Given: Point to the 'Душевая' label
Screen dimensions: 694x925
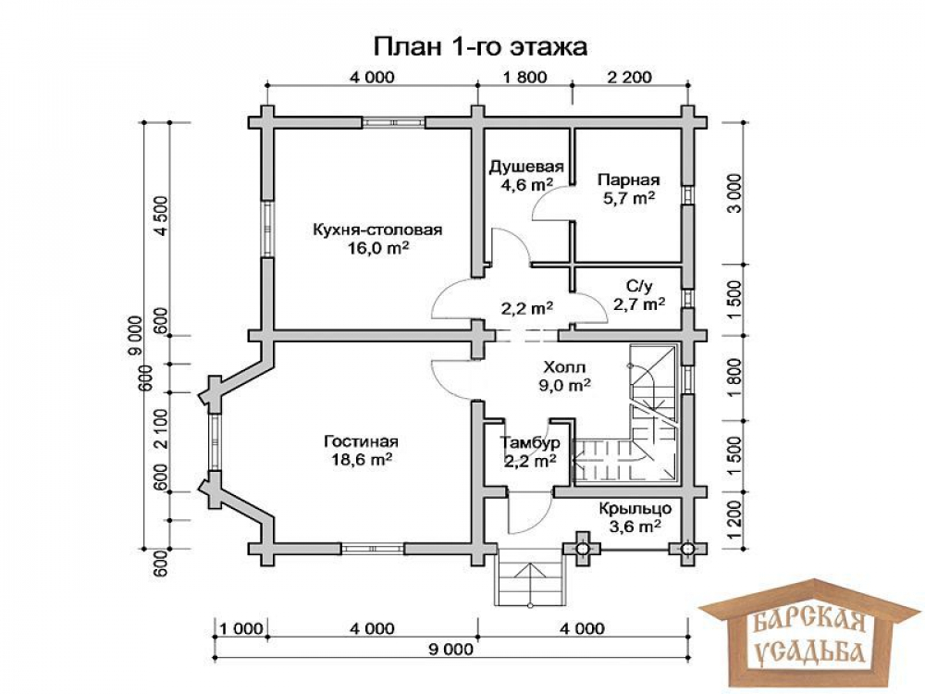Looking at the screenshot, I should click(526, 167).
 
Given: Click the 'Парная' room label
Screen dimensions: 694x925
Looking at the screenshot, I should click(628, 180).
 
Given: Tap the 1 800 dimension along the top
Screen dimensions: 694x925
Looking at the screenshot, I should click(524, 78).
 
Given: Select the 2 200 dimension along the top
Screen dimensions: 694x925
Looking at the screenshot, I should click(630, 78).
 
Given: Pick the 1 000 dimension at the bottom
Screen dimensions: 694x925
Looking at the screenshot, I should click(242, 628).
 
